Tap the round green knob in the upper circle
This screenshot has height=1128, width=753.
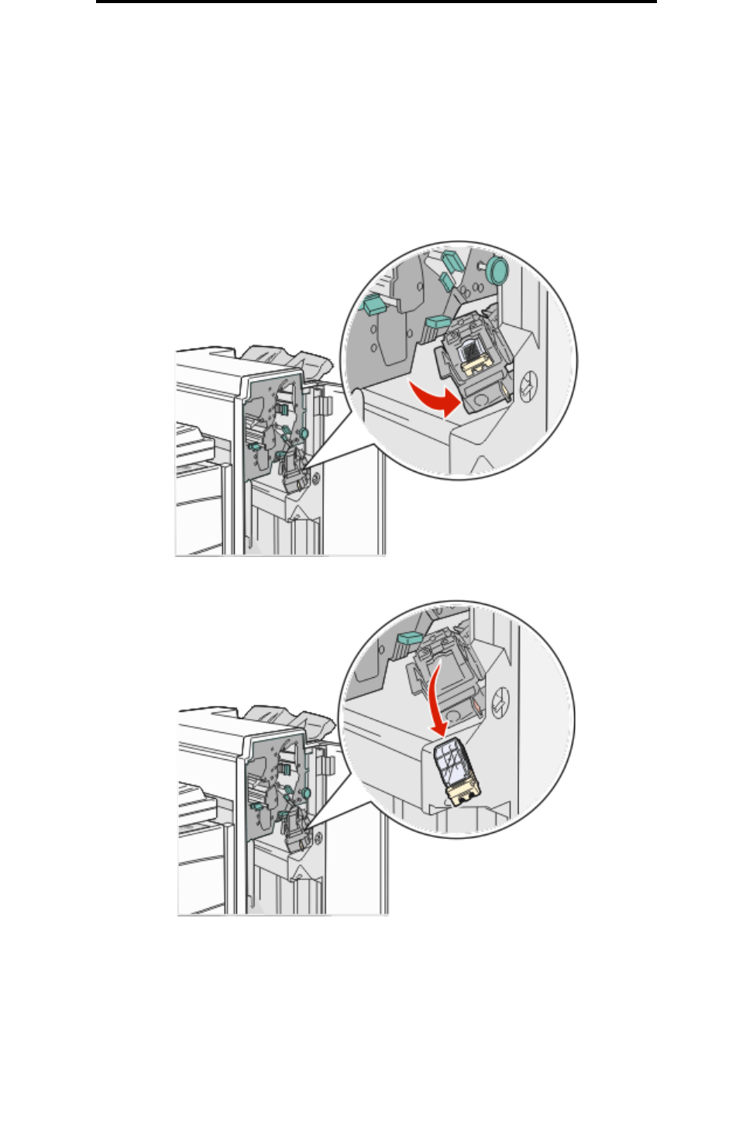pos(497,270)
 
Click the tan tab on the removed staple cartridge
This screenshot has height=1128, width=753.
pos(462,793)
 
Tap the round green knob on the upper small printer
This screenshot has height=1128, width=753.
pos(304,434)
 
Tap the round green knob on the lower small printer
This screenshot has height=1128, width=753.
pos(307,793)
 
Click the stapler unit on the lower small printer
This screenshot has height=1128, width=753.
pos(295,833)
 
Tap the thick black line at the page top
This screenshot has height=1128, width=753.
pos(376,2)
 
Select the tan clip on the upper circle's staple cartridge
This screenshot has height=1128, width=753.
pos(474,363)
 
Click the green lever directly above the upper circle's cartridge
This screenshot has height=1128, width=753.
pos(438,322)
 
